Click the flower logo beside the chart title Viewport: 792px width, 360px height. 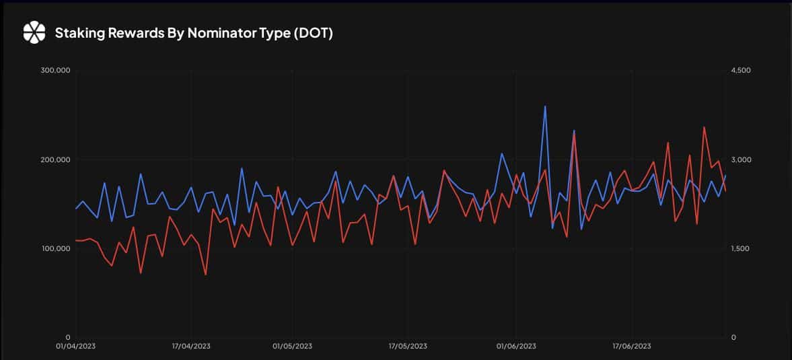pyautogui.click(x=34, y=33)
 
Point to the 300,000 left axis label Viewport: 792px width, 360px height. pyautogui.click(x=55, y=71)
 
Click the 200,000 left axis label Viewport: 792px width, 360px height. pyautogui.click(x=55, y=159)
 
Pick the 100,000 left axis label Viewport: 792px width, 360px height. pyautogui.click(x=55, y=249)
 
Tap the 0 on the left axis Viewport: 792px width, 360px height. pyautogui.click(x=68, y=338)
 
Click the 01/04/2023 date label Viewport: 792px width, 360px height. pyautogui.click(x=76, y=347)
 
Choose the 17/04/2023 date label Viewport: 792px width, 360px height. pyautogui.click(x=191, y=347)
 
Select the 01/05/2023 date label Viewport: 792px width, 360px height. pyautogui.click(x=293, y=347)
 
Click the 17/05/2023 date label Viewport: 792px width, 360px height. pyautogui.click(x=408, y=347)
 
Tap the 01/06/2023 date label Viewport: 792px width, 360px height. pyautogui.click(x=516, y=347)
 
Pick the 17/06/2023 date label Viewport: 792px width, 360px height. pyautogui.click(x=631, y=347)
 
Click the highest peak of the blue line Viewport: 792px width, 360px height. pyautogui.click(x=545, y=106)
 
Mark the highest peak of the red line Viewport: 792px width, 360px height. pyautogui.click(x=704, y=127)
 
